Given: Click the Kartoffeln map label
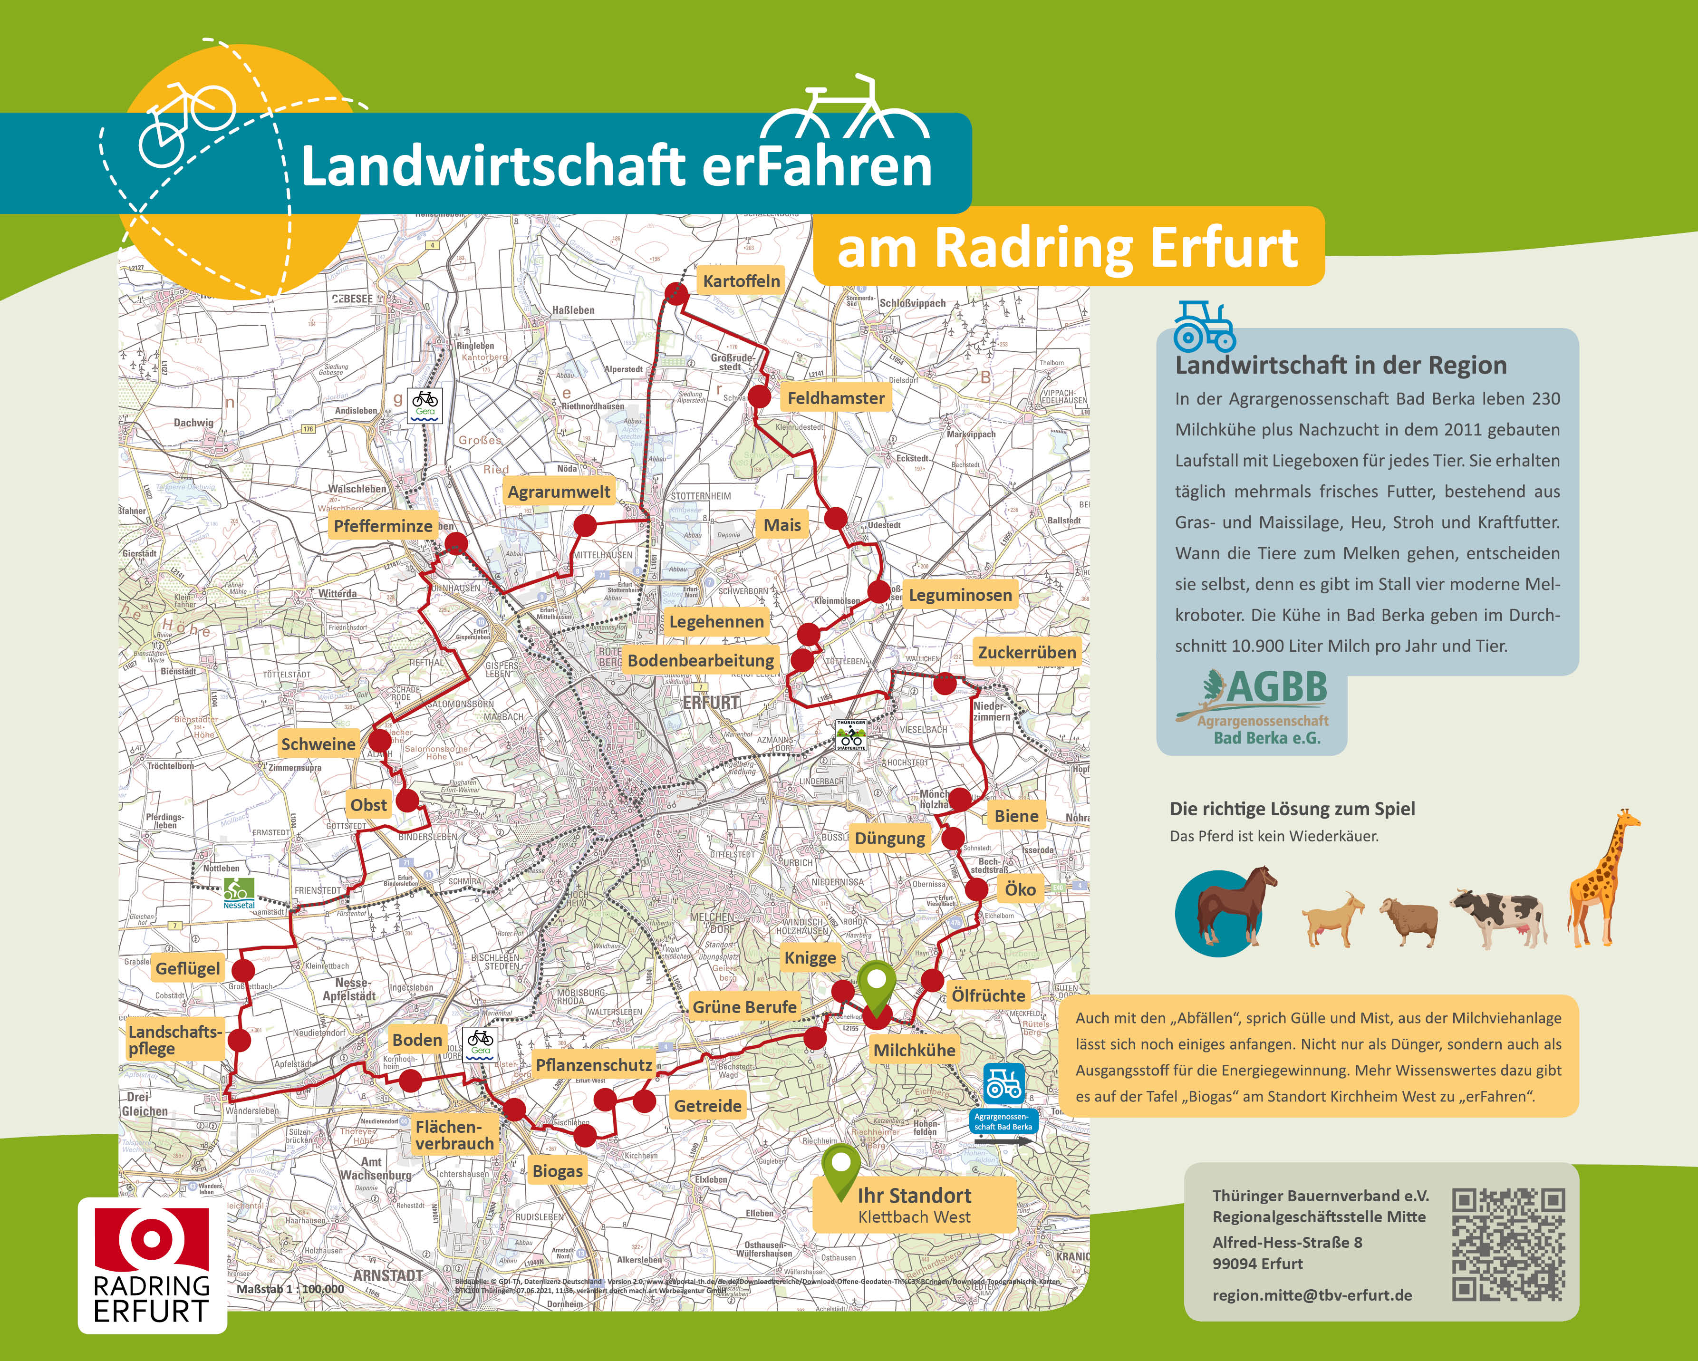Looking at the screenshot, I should coord(741,281).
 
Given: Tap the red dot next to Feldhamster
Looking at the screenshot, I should coord(759,396).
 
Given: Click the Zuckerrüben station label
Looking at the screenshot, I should coord(1026,652).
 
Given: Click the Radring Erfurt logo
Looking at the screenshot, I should coord(152,1265).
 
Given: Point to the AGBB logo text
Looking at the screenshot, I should coord(1276,687).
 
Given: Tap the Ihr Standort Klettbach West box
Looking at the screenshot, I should coord(914,1205).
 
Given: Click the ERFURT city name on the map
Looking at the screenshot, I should coord(711,703).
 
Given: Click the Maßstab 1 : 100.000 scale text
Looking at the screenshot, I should coord(290,1289).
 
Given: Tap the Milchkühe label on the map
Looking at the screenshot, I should coord(914,1050).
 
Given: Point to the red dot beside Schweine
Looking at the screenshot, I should coord(380,740).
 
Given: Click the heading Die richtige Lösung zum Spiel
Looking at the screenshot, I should coord(1292,809).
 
